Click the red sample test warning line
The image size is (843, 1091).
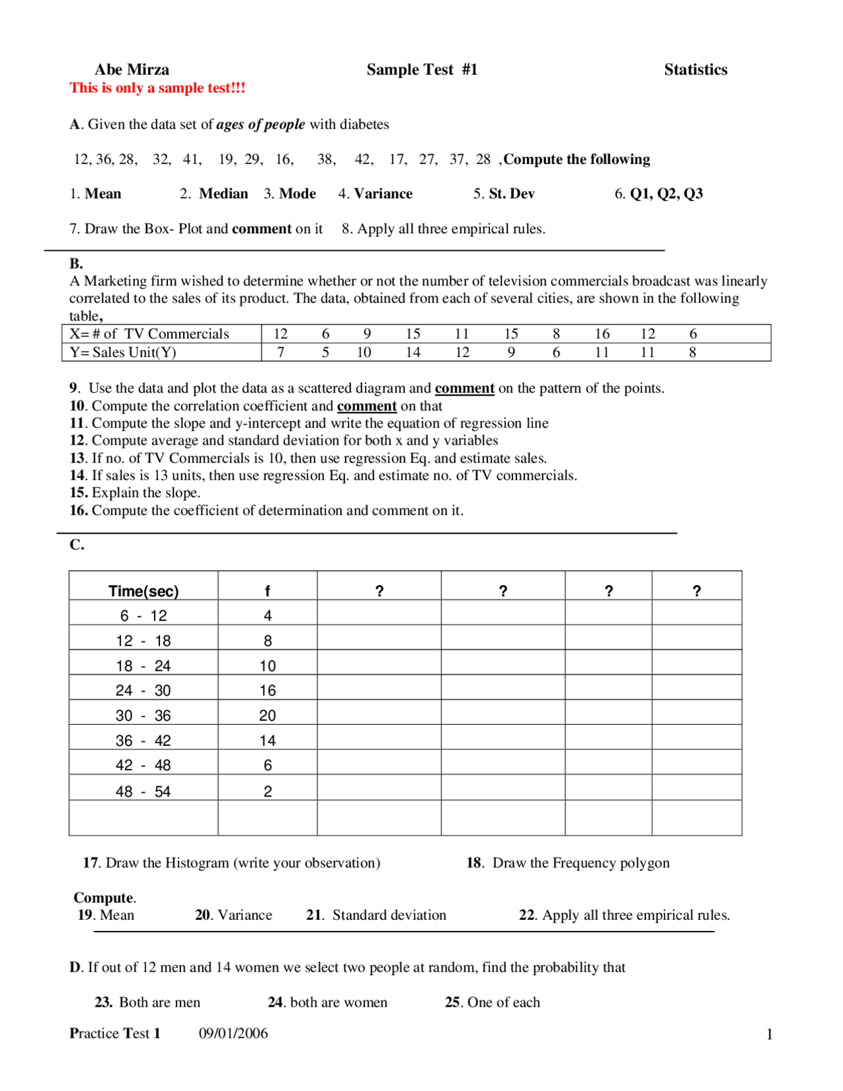coord(157,88)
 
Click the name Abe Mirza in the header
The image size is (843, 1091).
coord(132,70)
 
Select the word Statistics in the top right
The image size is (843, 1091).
coord(695,70)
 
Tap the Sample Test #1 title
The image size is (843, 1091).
coord(421,70)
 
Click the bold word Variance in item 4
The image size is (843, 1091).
coord(383,194)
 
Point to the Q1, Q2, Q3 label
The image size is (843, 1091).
coord(666,194)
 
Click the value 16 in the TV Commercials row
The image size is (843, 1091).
coord(602,334)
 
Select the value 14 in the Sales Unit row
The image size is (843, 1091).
coord(413,352)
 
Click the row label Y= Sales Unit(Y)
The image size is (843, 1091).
coord(123,352)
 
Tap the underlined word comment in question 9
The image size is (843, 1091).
coord(464,388)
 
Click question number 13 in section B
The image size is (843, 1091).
coord(78,458)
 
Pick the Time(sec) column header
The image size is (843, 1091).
coord(144,591)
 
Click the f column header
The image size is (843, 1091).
coord(267,591)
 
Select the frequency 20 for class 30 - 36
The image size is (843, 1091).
coord(267,715)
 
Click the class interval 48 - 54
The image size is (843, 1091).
coord(143,791)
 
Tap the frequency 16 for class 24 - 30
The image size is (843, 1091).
coord(267,690)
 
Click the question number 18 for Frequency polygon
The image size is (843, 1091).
coord(474,863)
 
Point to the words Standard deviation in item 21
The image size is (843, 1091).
coord(389,915)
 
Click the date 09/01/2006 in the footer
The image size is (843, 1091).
coord(233,1033)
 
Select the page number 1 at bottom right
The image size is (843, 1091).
coord(769,1035)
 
